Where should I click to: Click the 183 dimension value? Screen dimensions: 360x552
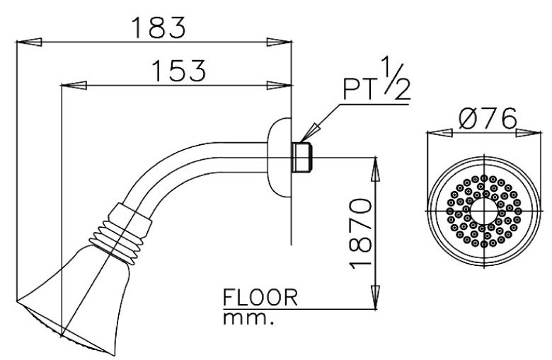pyautogui.click(x=158, y=27)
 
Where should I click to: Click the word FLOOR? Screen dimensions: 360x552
pyautogui.click(x=260, y=298)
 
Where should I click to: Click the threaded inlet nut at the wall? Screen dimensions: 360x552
pyautogui.click(x=302, y=156)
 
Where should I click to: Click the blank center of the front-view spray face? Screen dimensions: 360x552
pyautogui.click(x=483, y=210)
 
